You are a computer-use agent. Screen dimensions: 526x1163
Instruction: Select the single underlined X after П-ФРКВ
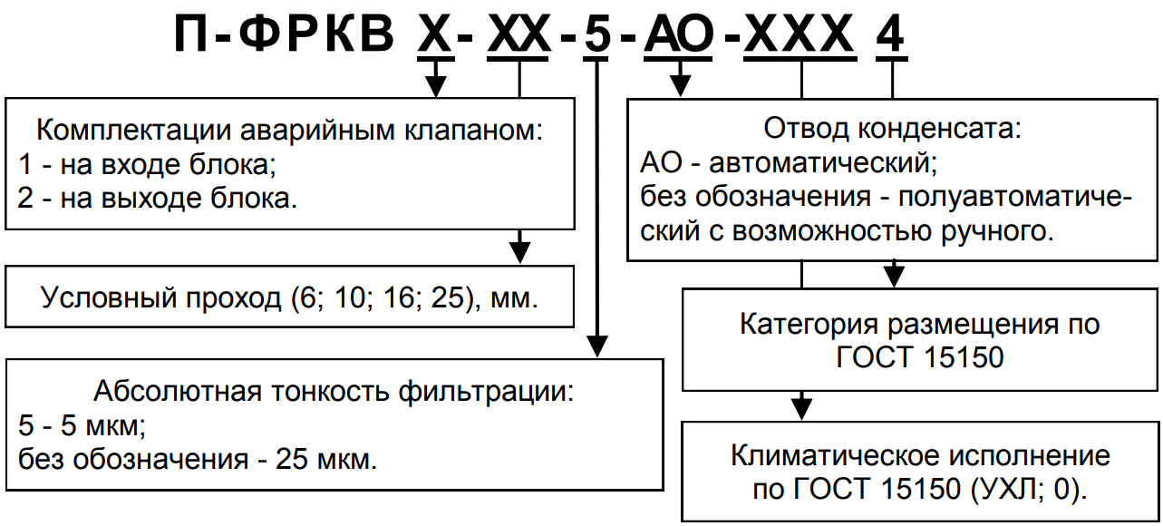[x=436, y=37]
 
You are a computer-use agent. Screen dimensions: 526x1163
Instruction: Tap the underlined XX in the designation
[x=518, y=37]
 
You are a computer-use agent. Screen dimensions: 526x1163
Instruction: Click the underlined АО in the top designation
[x=680, y=37]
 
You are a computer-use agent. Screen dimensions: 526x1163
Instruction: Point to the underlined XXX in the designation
[x=801, y=37]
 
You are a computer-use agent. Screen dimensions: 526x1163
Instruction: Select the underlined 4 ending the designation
[x=892, y=37]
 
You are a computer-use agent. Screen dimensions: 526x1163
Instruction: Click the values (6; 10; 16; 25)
[x=391, y=297]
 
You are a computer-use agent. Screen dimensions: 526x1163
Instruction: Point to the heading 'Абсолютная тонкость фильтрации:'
[x=334, y=393]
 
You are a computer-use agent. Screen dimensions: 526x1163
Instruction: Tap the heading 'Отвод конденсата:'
[x=892, y=128]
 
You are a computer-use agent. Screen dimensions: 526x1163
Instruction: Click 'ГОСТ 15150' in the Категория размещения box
[x=921, y=356]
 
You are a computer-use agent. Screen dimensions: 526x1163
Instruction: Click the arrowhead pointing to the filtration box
[x=596, y=348]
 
